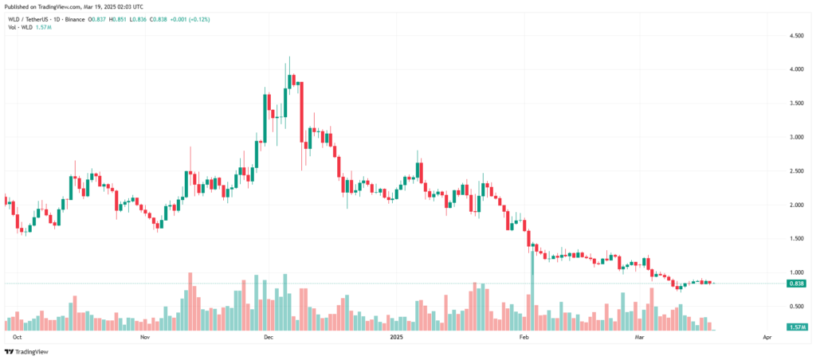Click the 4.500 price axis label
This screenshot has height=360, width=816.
[x=794, y=36]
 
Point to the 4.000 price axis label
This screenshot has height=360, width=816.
[x=794, y=69]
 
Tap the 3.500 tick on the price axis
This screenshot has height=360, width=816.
[x=794, y=104]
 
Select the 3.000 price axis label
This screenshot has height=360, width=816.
[x=794, y=137]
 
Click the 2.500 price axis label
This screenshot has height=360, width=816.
[x=794, y=171]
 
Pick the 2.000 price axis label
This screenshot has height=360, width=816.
[x=794, y=205]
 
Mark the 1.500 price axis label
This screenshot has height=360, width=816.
[x=794, y=239]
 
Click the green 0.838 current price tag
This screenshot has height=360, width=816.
[x=795, y=284]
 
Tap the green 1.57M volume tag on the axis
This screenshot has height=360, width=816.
[x=795, y=327]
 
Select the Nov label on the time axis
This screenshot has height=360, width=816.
[x=144, y=338]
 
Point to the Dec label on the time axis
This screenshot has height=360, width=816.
[x=269, y=338]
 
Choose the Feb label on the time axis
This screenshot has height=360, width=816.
[x=524, y=338]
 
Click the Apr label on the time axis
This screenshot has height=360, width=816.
[x=767, y=338]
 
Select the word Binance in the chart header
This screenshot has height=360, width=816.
[x=75, y=18]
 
